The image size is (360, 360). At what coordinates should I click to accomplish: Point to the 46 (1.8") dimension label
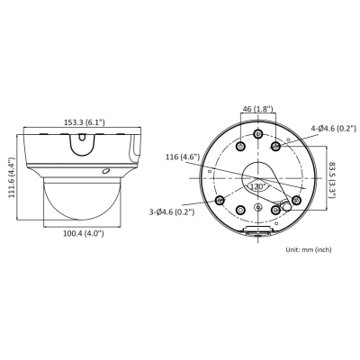tap(257, 110)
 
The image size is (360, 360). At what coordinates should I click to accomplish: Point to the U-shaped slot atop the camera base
tap(83, 140)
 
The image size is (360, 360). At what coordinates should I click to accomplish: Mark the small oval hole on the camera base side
tap(106, 171)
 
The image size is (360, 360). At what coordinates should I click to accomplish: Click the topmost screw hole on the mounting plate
tap(257, 134)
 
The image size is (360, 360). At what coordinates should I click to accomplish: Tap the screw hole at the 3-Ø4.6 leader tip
tap(220, 200)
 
